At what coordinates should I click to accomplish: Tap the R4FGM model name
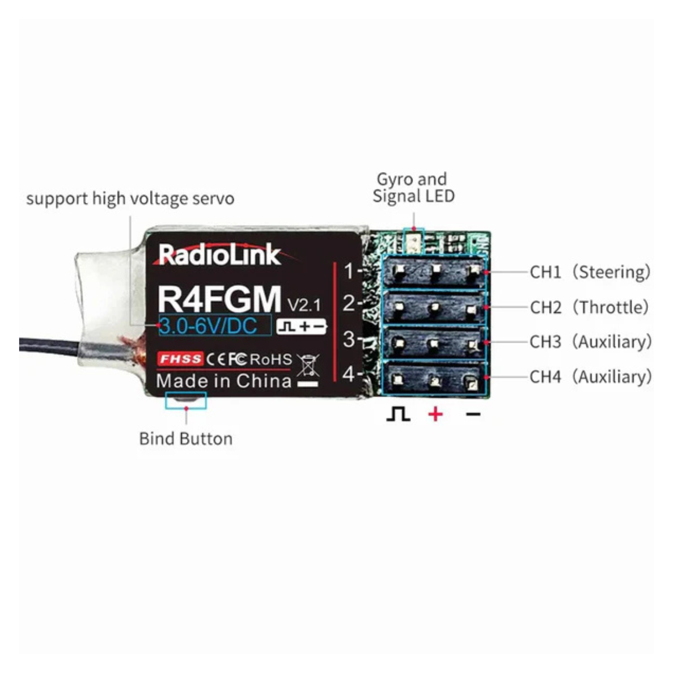coord(219,299)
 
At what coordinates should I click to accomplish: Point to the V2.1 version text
coord(304,305)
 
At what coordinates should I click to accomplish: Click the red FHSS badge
coord(180,359)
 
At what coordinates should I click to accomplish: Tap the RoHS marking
coord(271,359)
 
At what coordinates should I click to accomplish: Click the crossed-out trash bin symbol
coord(308,365)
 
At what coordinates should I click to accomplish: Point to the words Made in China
coord(224,381)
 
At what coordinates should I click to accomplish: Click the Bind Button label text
coord(186,439)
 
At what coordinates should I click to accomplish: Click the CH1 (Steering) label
coord(590,272)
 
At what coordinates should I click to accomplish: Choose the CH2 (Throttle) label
coord(589,307)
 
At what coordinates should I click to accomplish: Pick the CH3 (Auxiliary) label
coord(590,342)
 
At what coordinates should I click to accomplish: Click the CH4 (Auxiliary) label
coord(590,377)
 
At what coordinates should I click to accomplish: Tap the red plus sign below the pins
coord(436,414)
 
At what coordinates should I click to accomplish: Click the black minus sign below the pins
coord(474,414)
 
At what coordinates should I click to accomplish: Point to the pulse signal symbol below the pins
coord(399,414)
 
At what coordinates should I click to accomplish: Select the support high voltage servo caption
coord(130,199)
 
